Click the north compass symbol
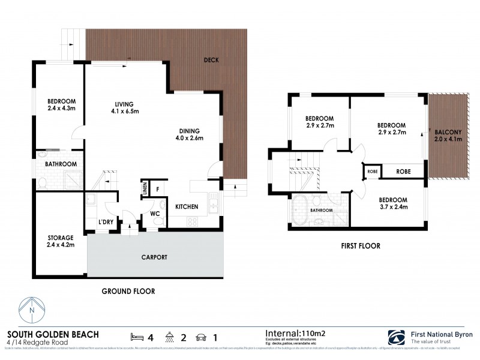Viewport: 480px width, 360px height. [32, 311]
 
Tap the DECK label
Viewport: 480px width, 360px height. [211, 60]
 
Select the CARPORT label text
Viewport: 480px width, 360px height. [154, 257]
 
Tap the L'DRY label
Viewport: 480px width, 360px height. [106, 223]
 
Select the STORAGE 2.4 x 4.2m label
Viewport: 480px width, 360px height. [61, 241]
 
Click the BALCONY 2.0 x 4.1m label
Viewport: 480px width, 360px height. [446, 135]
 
